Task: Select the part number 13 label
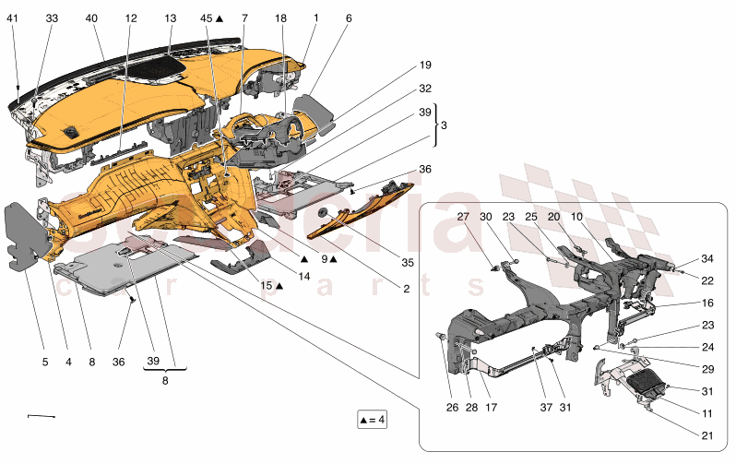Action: click(x=170, y=18)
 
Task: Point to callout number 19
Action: click(x=425, y=65)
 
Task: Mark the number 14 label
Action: click(x=303, y=275)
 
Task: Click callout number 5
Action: click(x=44, y=363)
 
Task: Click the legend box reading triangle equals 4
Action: click(x=372, y=421)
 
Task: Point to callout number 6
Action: click(x=349, y=18)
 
